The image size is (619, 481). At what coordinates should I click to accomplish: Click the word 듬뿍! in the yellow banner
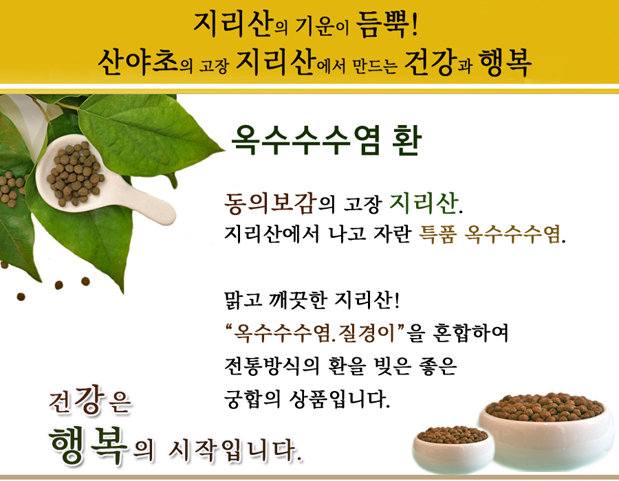[387, 25]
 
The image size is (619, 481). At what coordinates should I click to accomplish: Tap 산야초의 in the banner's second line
[145, 63]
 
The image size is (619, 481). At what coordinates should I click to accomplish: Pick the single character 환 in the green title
[407, 140]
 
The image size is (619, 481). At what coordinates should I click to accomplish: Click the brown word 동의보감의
[279, 203]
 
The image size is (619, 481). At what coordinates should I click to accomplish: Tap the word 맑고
[243, 300]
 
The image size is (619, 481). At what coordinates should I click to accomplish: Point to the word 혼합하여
[470, 333]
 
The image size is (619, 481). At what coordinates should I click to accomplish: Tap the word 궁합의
[252, 399]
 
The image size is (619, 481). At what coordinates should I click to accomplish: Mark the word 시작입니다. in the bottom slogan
[236, 450]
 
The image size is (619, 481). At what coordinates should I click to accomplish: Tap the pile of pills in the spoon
[75, 173]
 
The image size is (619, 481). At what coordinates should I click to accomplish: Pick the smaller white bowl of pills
[453, 449]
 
